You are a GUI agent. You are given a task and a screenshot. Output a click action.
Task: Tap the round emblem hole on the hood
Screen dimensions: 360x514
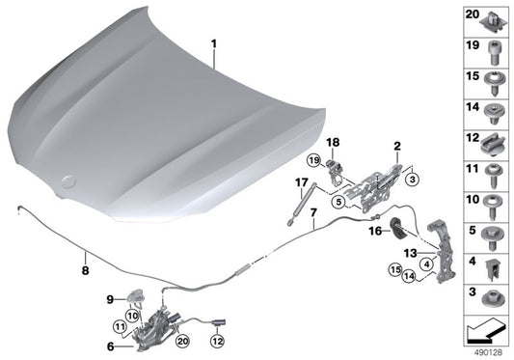click(x=68, y=180)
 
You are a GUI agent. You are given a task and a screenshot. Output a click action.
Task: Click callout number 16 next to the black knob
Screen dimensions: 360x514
click(x=372, y=232)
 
